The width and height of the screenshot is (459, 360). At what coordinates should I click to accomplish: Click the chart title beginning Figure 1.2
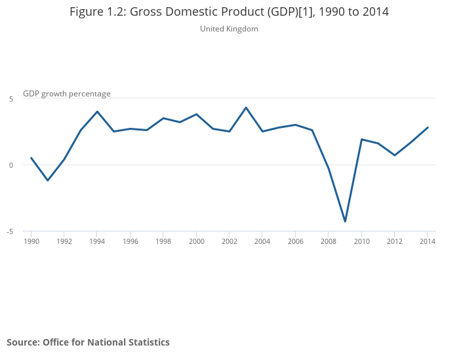[229, 12]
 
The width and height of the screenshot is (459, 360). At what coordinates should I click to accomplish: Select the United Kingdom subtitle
[229, 29]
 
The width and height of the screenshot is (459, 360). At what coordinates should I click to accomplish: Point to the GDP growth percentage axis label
[67, 94]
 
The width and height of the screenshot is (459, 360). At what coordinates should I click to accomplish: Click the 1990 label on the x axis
[31, 241]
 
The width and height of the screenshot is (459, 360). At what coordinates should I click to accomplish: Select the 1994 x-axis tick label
[97, 241]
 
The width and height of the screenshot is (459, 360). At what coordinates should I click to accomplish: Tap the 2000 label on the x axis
[196, 241]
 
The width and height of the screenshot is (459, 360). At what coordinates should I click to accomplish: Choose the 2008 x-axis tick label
[329, 241]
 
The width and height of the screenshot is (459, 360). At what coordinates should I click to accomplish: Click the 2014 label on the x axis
[428, 241]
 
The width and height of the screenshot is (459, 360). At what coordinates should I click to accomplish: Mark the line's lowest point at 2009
[345, 222]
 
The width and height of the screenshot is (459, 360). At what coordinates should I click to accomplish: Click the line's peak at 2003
[246, 108]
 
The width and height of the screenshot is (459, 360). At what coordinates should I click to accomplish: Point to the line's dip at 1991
[47, 180]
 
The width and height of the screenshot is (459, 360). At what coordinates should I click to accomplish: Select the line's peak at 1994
[97, 111]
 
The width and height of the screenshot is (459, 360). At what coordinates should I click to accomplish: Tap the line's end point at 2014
[428, 127]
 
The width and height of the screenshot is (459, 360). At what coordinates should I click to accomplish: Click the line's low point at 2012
[395, 155]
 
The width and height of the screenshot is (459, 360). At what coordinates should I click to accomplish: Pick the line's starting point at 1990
[31, 158]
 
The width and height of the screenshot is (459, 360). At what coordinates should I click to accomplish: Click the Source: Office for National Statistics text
[88, 342]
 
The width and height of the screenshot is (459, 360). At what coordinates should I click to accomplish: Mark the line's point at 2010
[361, 139]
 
